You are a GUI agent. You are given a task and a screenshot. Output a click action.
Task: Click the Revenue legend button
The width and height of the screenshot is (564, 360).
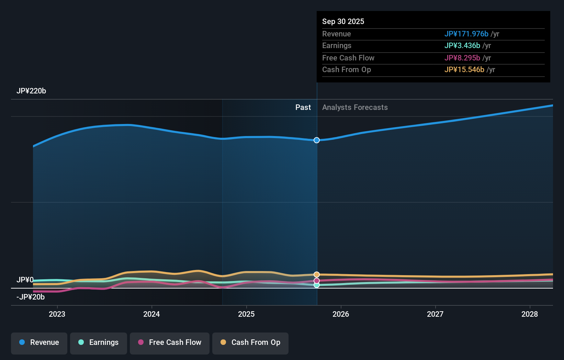coord(39,342)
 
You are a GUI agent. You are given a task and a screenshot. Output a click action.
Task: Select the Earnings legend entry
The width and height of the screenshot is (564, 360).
coord(99,342)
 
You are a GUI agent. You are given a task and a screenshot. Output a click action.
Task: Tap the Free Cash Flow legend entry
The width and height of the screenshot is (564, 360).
coord(170,342)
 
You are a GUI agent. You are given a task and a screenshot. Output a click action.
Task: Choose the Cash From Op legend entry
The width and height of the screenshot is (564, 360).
coord(250,342)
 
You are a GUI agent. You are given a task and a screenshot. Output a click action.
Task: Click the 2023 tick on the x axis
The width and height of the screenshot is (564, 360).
coord(57,314)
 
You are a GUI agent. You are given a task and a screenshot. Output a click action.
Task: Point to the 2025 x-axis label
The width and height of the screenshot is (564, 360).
coord(246,314)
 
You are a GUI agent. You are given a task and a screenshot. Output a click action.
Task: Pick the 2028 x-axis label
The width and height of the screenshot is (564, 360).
coord(530,314)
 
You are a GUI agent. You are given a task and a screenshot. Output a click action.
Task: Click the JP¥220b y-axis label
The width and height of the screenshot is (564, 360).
coord(31,91)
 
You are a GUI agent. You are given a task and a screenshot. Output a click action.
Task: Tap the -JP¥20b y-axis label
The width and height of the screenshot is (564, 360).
coord(31,297)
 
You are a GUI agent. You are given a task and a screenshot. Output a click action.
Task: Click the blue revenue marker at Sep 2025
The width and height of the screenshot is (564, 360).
coord(317,140)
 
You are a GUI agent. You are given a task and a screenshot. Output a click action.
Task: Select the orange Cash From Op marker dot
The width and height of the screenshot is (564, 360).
coord(317,274)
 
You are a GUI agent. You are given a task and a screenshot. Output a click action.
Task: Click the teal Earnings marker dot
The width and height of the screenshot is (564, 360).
coord(317,285)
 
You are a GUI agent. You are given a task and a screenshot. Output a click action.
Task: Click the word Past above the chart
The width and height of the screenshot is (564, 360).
coord(303,108)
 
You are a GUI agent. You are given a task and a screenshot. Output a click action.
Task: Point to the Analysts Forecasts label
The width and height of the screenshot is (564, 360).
coord(355,108)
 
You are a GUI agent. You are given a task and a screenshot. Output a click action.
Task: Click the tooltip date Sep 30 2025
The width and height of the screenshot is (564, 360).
coord(343,21)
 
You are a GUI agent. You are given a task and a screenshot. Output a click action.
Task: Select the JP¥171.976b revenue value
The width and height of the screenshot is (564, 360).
coord(466,34)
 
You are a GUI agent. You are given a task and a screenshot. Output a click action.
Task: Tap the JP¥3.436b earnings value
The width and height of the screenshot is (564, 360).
coord(462,46)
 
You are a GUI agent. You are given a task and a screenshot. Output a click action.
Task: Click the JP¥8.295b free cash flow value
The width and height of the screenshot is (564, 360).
coord(462,58)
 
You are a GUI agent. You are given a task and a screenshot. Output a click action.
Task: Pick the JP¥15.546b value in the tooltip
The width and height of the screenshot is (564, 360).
coord(464,70)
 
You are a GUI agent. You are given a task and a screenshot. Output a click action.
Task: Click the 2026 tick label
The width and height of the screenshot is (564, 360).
coord(341,314)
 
